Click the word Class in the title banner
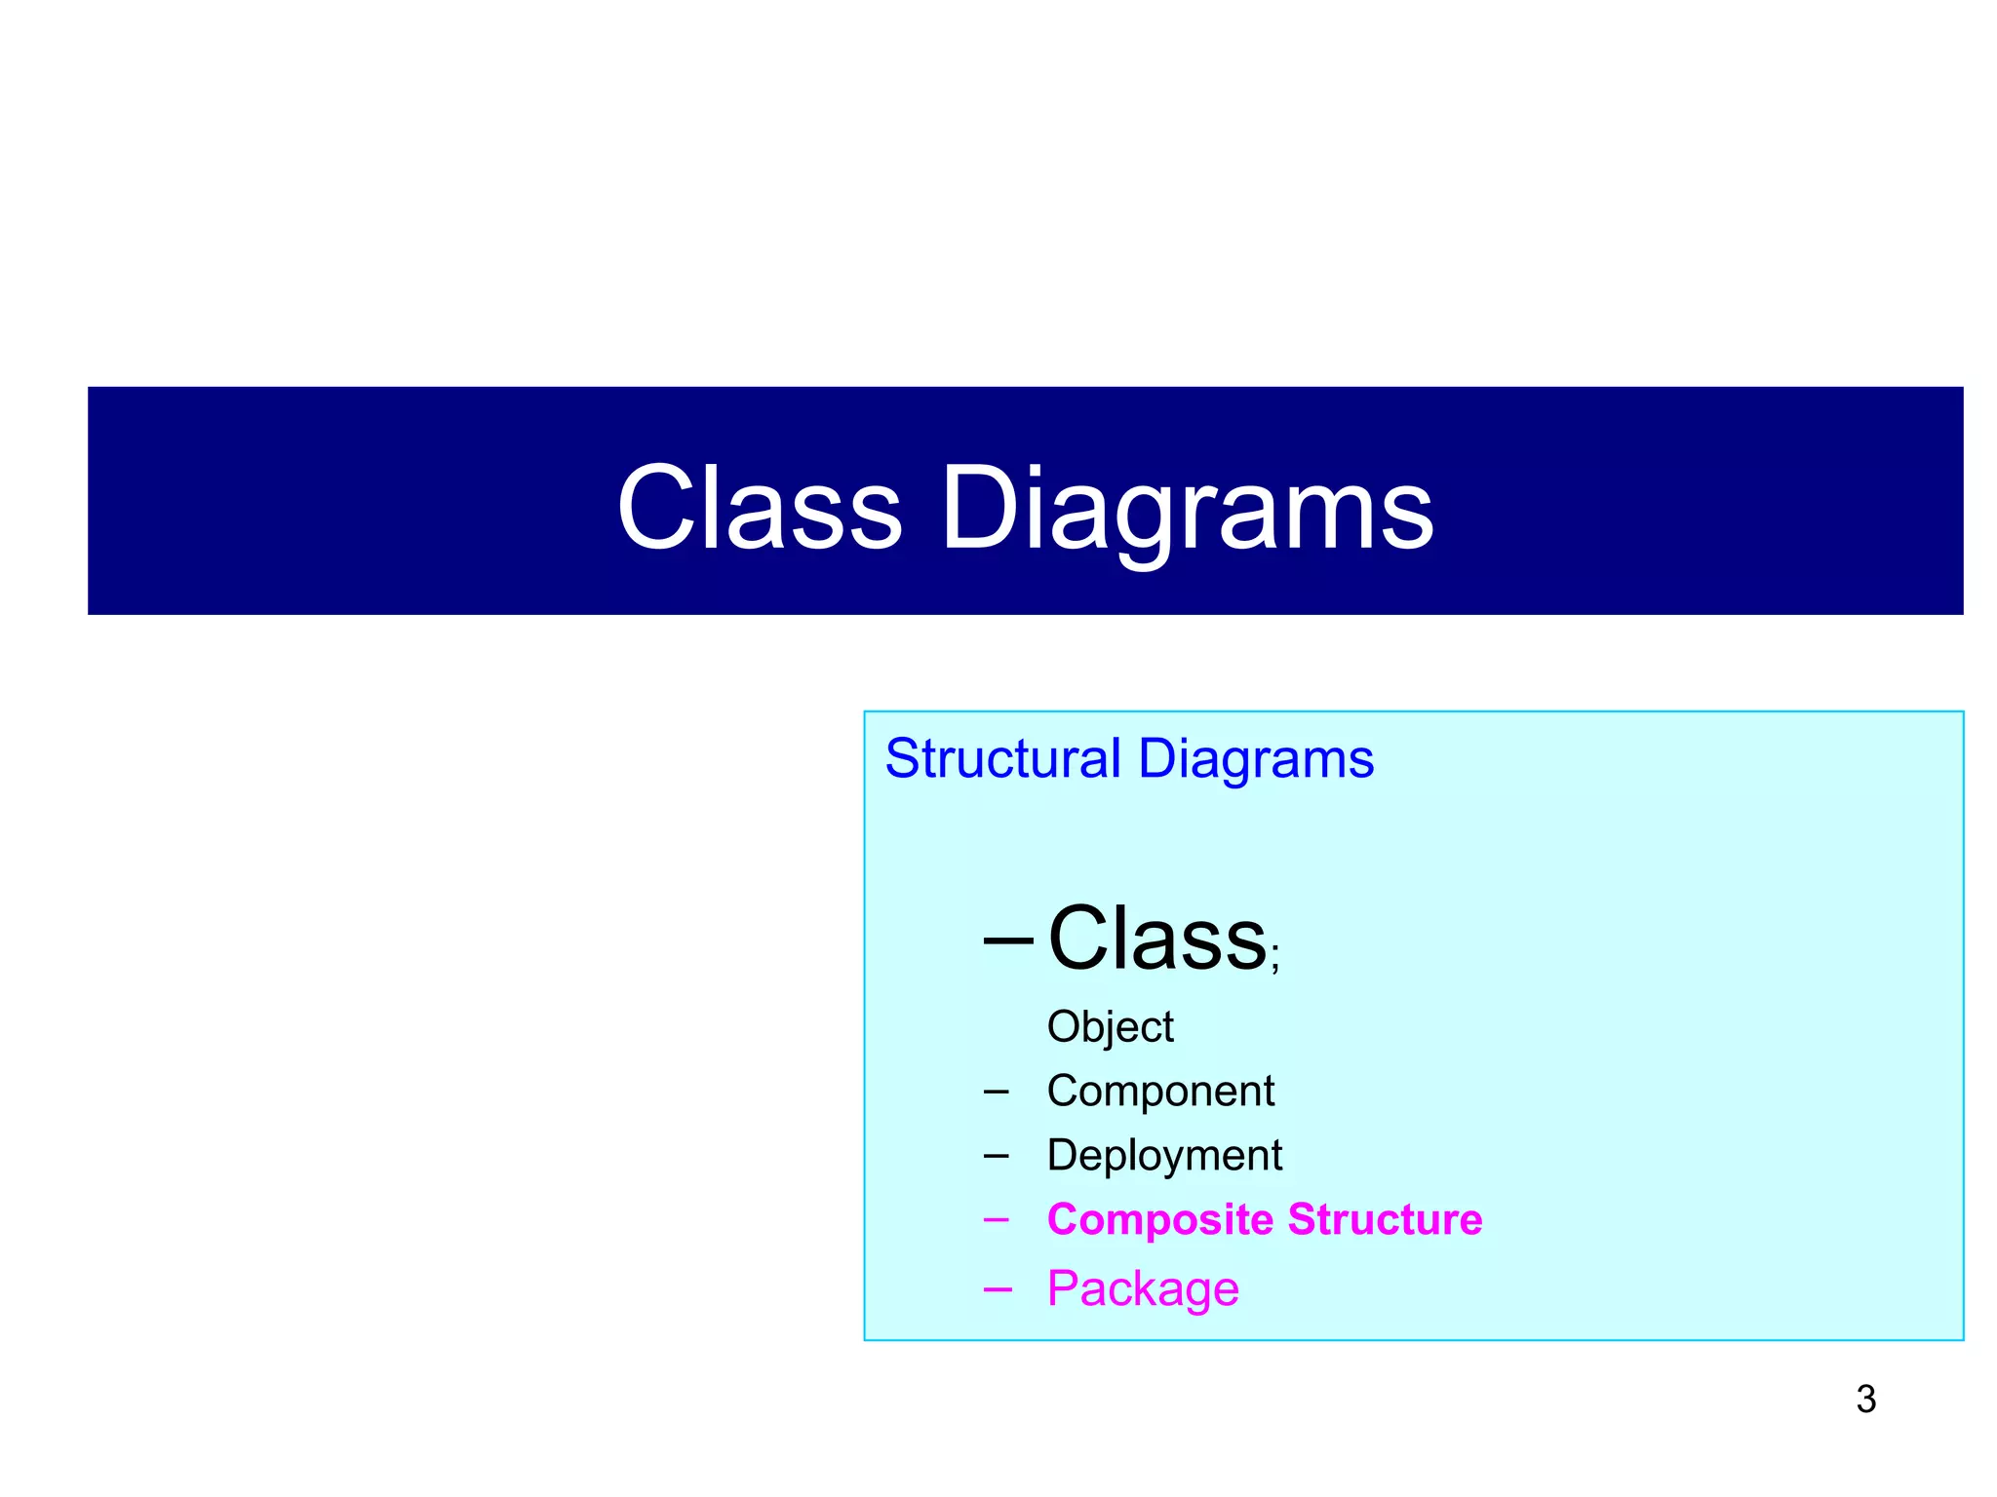tap(760, 508)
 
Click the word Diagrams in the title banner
tap(1186, 508)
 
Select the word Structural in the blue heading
tap(1002, 758)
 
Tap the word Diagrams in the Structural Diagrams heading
tap(1256, 758)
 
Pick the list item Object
tap(1110, 1027)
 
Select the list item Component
tap(1160, 1091)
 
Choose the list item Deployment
tap(1164, 1156)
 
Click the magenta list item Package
tap(1143, 1288)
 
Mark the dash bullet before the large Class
tap(1008, 940)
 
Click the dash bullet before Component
tap(996, 1092)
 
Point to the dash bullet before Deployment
tap(996, 1156)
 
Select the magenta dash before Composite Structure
tap(996, 1219)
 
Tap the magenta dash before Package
tap(997, 1289)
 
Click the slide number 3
tap(1865, 1400)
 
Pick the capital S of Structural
tap(903, 758)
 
